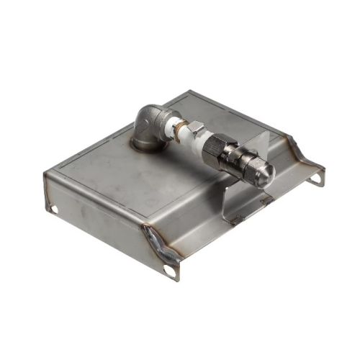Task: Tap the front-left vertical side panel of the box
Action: [x=94, y=209]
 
